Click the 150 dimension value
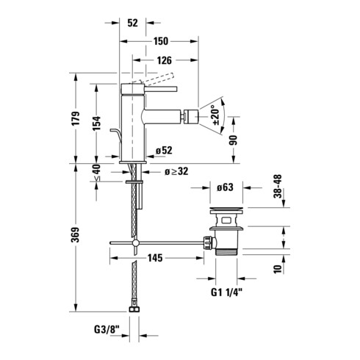pos(161,41)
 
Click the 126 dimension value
pos(164,60)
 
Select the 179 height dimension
pos(76,118)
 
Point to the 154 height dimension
pos(96,123)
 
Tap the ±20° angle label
pos(216,115)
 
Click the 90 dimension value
pos(234,140)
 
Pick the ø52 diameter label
pos(164,151)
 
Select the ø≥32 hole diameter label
pos(176,171)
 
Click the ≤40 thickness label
pos(96,173)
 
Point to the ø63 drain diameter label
pos(225,187)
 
